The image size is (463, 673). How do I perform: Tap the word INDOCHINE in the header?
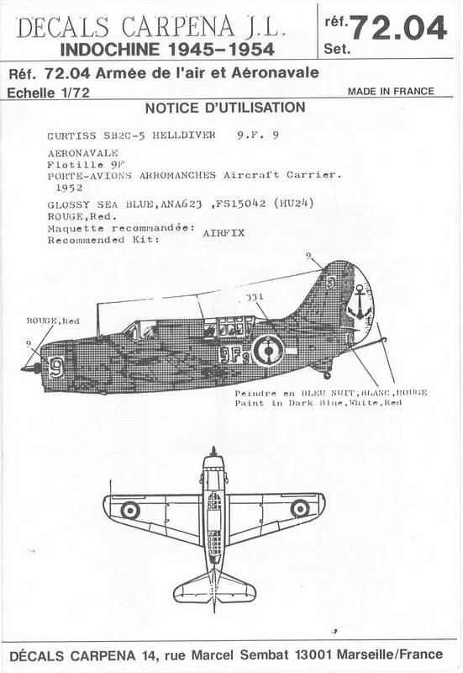point(109,50)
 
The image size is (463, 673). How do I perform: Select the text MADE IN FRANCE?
point(391,91)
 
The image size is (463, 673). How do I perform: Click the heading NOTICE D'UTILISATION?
point(225,108)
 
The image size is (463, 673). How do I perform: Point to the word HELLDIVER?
point(184,135)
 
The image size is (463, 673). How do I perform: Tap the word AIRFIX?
point(224,233)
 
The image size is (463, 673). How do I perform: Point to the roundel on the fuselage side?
point(268,350)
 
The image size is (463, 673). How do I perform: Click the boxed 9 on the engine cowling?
point(55,368)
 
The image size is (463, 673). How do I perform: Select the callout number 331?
point(255,297)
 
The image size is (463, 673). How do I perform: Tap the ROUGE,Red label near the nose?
point(53,321)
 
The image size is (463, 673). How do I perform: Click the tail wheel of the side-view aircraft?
point(327,375)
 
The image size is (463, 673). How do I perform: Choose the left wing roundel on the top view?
point(130,510)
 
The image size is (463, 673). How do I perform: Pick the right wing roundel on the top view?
point(300,509)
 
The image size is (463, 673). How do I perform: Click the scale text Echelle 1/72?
point(49,93)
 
